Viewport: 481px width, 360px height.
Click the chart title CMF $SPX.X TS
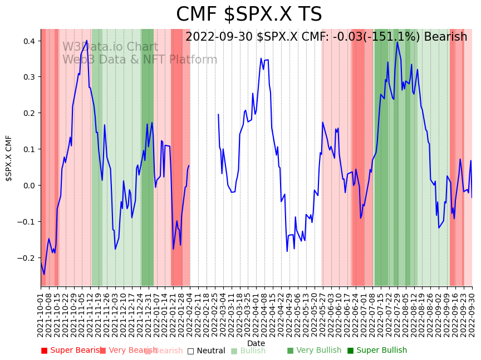(249, 14)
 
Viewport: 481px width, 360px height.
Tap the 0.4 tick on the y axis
(30, 41)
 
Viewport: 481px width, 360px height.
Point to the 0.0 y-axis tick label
(30, 186)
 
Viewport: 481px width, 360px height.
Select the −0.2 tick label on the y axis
(27, 258)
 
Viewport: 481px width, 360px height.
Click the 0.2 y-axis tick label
(30, 113)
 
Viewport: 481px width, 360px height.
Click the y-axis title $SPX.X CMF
(9, 158)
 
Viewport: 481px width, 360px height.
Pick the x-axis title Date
(256, 343)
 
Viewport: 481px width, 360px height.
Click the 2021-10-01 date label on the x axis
(41, 315)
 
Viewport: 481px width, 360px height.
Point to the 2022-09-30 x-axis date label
(472, 315)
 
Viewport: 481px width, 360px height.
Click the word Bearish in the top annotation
(445, 37)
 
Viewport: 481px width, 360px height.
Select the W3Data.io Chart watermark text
(110, 47)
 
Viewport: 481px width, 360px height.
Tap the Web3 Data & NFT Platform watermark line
(140, 60)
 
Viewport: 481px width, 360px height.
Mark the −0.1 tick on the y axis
(27, 222)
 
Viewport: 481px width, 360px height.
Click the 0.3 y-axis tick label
(30, 77)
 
